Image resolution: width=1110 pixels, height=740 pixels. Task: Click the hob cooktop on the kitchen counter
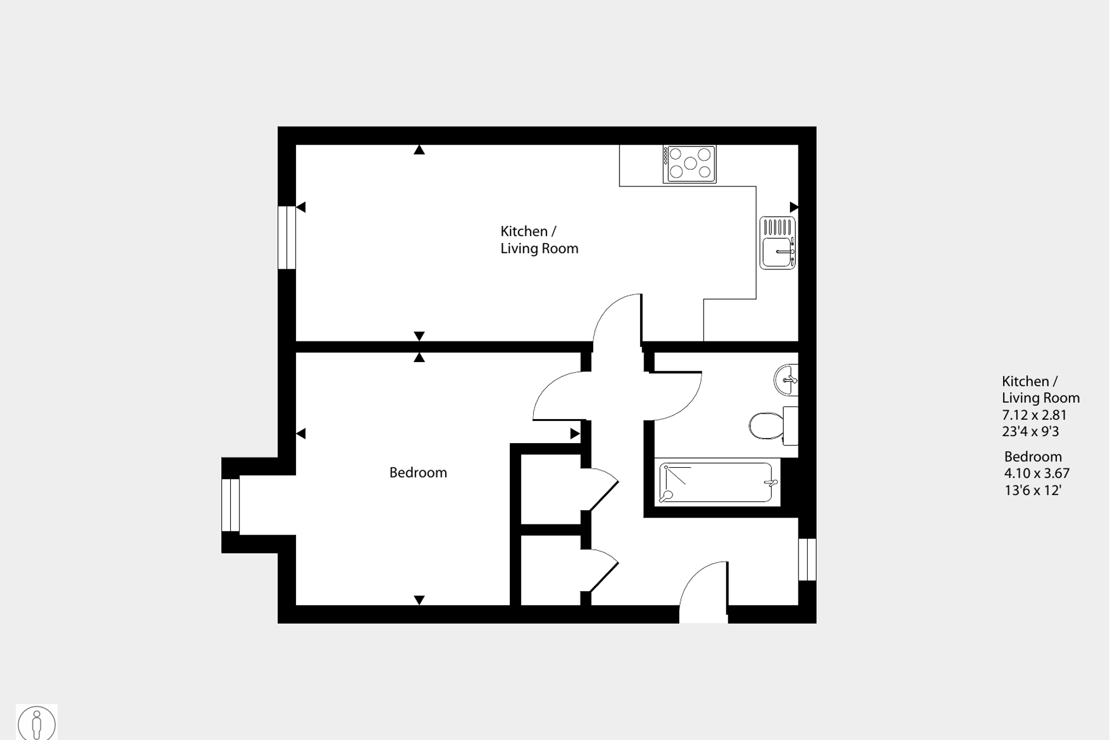pos(689,164)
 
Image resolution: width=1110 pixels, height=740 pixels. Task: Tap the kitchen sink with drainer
pos(777,243)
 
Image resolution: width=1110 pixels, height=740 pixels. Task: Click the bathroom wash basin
pos(786,380)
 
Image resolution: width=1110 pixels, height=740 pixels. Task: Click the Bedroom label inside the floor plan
pos(418,472)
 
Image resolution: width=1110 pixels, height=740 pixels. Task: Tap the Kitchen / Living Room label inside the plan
pos(538,240)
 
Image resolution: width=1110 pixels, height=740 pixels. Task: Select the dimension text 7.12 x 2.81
pos(1034,415)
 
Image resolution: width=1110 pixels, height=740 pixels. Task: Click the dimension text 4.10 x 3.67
pos(1036,473)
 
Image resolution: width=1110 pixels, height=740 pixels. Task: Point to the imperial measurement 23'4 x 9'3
pos(1030,431)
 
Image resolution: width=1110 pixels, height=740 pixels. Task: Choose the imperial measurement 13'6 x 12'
pos(1032,490)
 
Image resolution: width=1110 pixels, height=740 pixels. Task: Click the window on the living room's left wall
pos(286,237)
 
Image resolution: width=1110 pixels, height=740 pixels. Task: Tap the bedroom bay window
pos(230,505)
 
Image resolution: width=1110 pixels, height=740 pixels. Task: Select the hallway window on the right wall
pos(807,559)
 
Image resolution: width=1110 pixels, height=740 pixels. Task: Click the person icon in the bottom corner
pos(37,723)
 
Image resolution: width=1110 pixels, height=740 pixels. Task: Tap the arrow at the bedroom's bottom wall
pos(419,600)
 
